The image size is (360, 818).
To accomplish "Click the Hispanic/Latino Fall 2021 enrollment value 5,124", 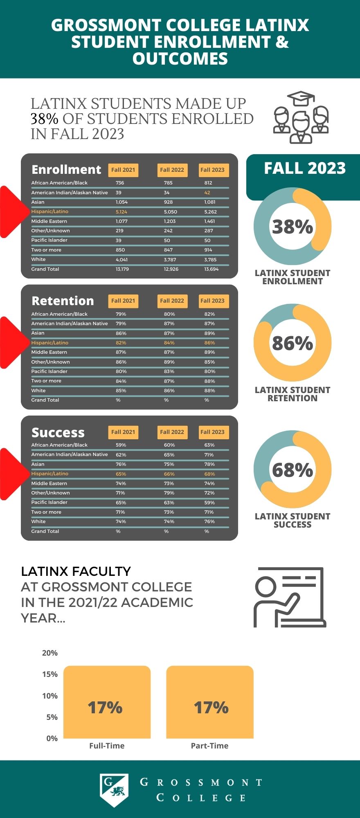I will point(122,212).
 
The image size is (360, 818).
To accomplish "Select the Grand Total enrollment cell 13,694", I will point(211,269).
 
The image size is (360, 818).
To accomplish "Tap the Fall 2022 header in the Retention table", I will point(172,301).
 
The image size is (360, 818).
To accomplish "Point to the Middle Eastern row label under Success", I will point(49,483).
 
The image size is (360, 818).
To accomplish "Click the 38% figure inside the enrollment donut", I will point(292,227).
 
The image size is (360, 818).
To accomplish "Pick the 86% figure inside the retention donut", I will point(292,343).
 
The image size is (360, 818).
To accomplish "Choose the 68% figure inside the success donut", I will point(292,470).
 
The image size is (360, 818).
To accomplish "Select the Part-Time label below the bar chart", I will point(209,746).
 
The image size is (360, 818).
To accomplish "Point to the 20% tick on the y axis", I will point(50,653).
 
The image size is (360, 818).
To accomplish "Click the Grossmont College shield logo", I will point(114,790).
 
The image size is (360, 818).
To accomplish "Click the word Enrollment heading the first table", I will point(66,170).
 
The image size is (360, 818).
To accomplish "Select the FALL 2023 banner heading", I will point(305,169).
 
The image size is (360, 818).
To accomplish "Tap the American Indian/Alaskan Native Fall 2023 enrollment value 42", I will point(207,193).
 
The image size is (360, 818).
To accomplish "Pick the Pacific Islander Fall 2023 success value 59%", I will point(209,503).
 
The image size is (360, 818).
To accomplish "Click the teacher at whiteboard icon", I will point(290,598).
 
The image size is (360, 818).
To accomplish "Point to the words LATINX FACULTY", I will point(76,571).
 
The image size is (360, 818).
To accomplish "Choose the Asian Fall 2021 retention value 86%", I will point(121,333).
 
